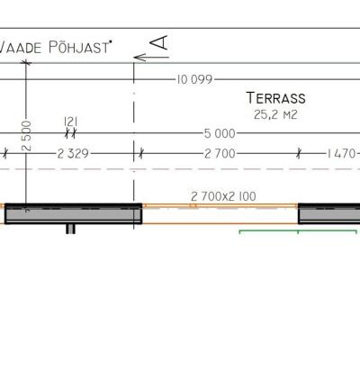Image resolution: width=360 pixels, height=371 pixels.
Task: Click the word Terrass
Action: coord(276,98)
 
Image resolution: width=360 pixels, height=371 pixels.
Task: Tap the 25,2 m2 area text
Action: coord(275,114)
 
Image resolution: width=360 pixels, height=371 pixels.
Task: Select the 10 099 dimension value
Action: coord(194,79)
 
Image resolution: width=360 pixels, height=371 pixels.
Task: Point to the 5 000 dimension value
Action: coord(220,133)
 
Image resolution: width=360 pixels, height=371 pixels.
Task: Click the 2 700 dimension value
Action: coord(220,154)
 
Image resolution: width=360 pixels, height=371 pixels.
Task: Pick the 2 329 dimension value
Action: coord(73,154)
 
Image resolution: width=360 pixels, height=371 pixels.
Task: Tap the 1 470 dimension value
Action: coord(341,154)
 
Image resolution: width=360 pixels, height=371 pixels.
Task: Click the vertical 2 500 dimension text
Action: coord(26,135)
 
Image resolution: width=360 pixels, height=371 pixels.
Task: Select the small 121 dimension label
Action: coord(71,122)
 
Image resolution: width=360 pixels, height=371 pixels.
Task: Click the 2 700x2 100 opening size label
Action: coord(223,196)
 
